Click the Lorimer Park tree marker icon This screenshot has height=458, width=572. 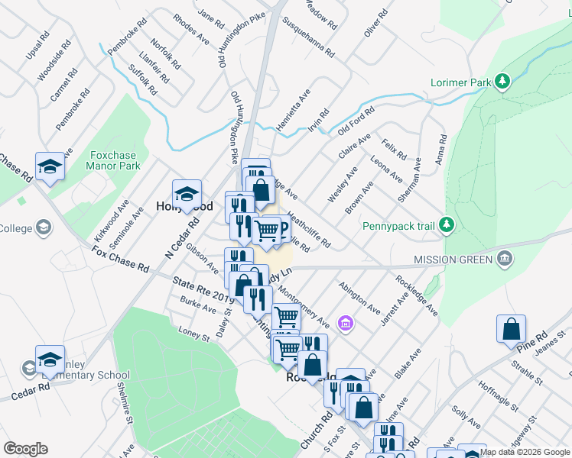(502, 81)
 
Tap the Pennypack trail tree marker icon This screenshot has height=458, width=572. (447, 225)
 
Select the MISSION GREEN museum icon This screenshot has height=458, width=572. (504, 260)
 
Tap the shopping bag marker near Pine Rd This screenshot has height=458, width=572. (511, 329)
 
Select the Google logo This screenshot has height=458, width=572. (25, 449)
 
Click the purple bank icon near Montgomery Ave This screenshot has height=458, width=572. (345, 324)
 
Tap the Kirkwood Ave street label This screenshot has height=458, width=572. (113, 218)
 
